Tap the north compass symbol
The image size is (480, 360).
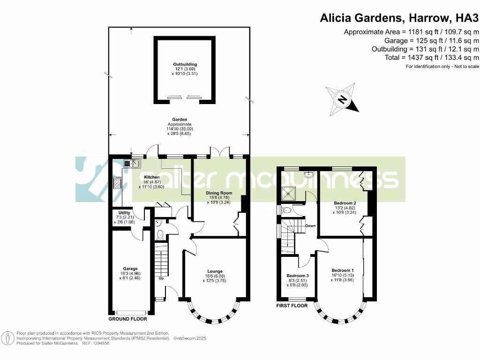pos(343,99)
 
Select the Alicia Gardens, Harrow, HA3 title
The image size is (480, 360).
pos(399,18)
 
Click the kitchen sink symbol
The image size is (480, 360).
pos(133,163)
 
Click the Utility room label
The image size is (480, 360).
pos(124,213)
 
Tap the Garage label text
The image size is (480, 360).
pos(130,269)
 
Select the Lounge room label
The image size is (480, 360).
pos(215,271)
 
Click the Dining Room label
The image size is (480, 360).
pos(219,193)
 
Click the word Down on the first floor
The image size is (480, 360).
pos(310,225)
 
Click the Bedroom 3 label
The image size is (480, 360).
pos(298,275)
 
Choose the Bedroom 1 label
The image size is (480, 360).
pos(342,270)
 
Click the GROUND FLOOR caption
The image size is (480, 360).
pos(127,319)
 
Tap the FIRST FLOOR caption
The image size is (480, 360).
pos(292,306)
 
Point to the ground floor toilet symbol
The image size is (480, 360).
pos(159,234)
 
